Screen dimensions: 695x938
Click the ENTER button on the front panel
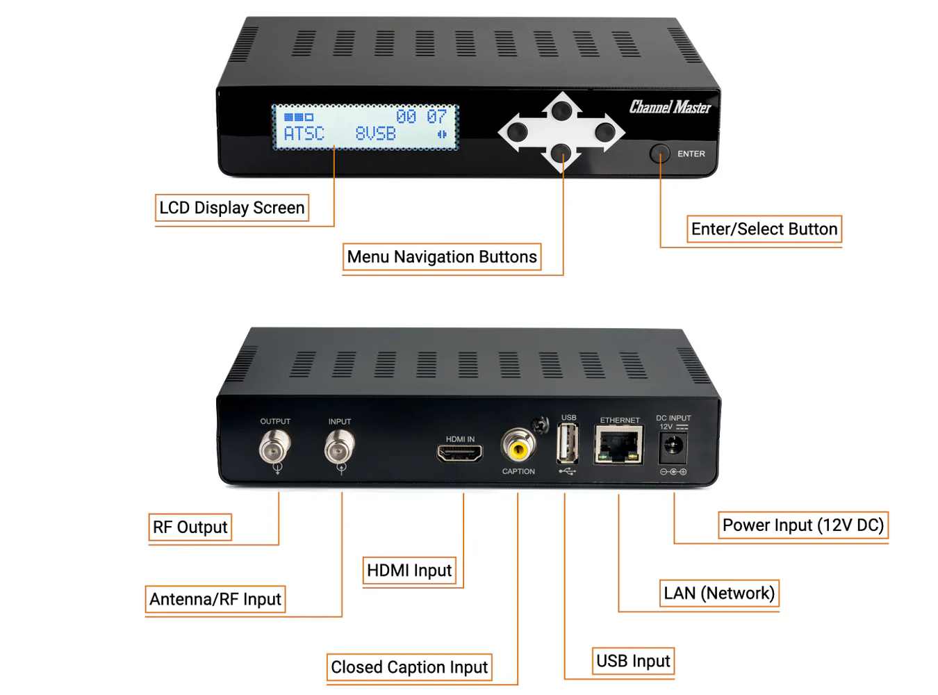click(659, 154)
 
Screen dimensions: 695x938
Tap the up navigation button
click(561, 110)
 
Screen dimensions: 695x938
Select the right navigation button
click(604, 131)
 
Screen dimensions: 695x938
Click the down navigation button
click(561, 153)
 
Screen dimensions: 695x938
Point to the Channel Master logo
click(670, 107)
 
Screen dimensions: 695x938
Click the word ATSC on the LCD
click(304, 133)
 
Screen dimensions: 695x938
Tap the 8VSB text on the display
click(375, 133)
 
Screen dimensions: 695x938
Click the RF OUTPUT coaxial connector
click(275, 447)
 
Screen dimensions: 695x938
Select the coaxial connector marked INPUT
click(340, 447)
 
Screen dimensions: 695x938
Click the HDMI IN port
click(460, 454)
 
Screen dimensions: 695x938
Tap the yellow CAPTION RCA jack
click(518, 447)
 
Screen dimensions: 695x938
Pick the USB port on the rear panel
click(568, 443)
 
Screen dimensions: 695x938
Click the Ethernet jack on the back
click(618, 445)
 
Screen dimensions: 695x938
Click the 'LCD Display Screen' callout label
click(232, 208)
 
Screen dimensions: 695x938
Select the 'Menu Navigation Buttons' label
click(442, 257)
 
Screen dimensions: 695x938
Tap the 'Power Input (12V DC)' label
click(803, 525)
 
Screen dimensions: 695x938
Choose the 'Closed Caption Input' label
click(409, 667)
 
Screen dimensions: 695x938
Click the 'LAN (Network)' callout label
click(718, 594)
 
